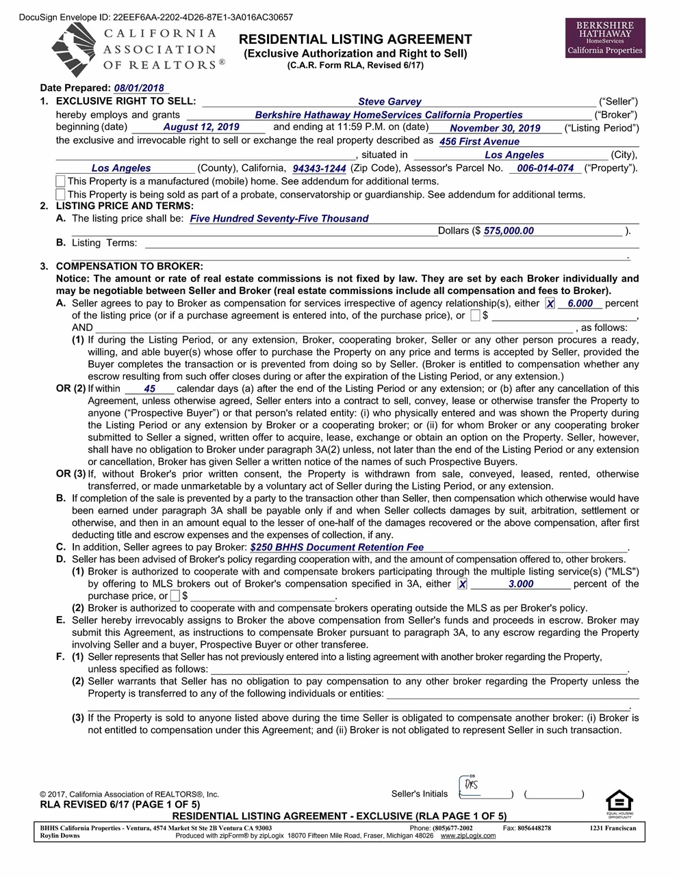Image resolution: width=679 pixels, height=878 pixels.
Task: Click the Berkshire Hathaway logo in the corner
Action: tap(605, 38)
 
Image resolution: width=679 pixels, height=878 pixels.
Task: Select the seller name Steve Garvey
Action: tap(389, 102)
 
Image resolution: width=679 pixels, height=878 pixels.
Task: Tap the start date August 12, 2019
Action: tap(201, 127)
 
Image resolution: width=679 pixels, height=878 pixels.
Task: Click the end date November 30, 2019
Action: tap(495, 129)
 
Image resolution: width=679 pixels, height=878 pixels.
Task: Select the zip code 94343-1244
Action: tap(319, 168)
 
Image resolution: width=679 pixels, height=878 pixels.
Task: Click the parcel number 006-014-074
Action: tap(545, 168)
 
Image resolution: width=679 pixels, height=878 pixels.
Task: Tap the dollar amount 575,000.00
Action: tap(509, 231)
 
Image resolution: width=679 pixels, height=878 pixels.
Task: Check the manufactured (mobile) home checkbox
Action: tap(61, 181)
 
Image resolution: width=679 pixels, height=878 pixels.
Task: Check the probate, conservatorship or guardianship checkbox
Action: tap(61, 194)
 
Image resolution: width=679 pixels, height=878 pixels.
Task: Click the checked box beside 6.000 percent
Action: tap(550, 304)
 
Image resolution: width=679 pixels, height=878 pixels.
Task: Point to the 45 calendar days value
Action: tap(150, 389)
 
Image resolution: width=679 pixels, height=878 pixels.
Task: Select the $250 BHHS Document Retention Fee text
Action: tap(337, 547)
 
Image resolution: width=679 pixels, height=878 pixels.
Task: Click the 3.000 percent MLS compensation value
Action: tap(521, 584)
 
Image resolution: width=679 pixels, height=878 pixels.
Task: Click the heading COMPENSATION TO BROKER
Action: tap(129, 266)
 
